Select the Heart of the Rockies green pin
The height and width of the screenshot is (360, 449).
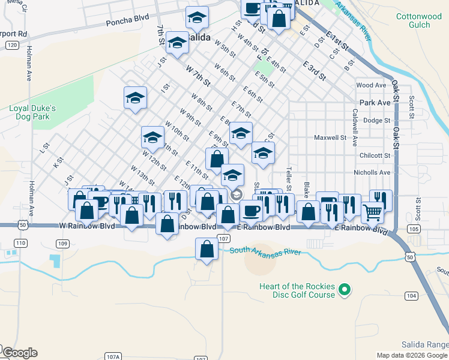click(x=344, y=292)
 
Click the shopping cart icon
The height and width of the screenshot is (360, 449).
click(x=372, y=212)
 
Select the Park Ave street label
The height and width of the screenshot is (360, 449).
click(x=375, y=103)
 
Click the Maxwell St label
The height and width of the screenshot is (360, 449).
click(x=331, y=137)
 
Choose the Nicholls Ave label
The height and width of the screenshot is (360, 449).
click(x=372, y=172)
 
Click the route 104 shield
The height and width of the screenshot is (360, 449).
click(x=411, y=296)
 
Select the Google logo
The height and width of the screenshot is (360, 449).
click(x=20, y=353)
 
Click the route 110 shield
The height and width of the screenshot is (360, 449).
click(x=21, y=243)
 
